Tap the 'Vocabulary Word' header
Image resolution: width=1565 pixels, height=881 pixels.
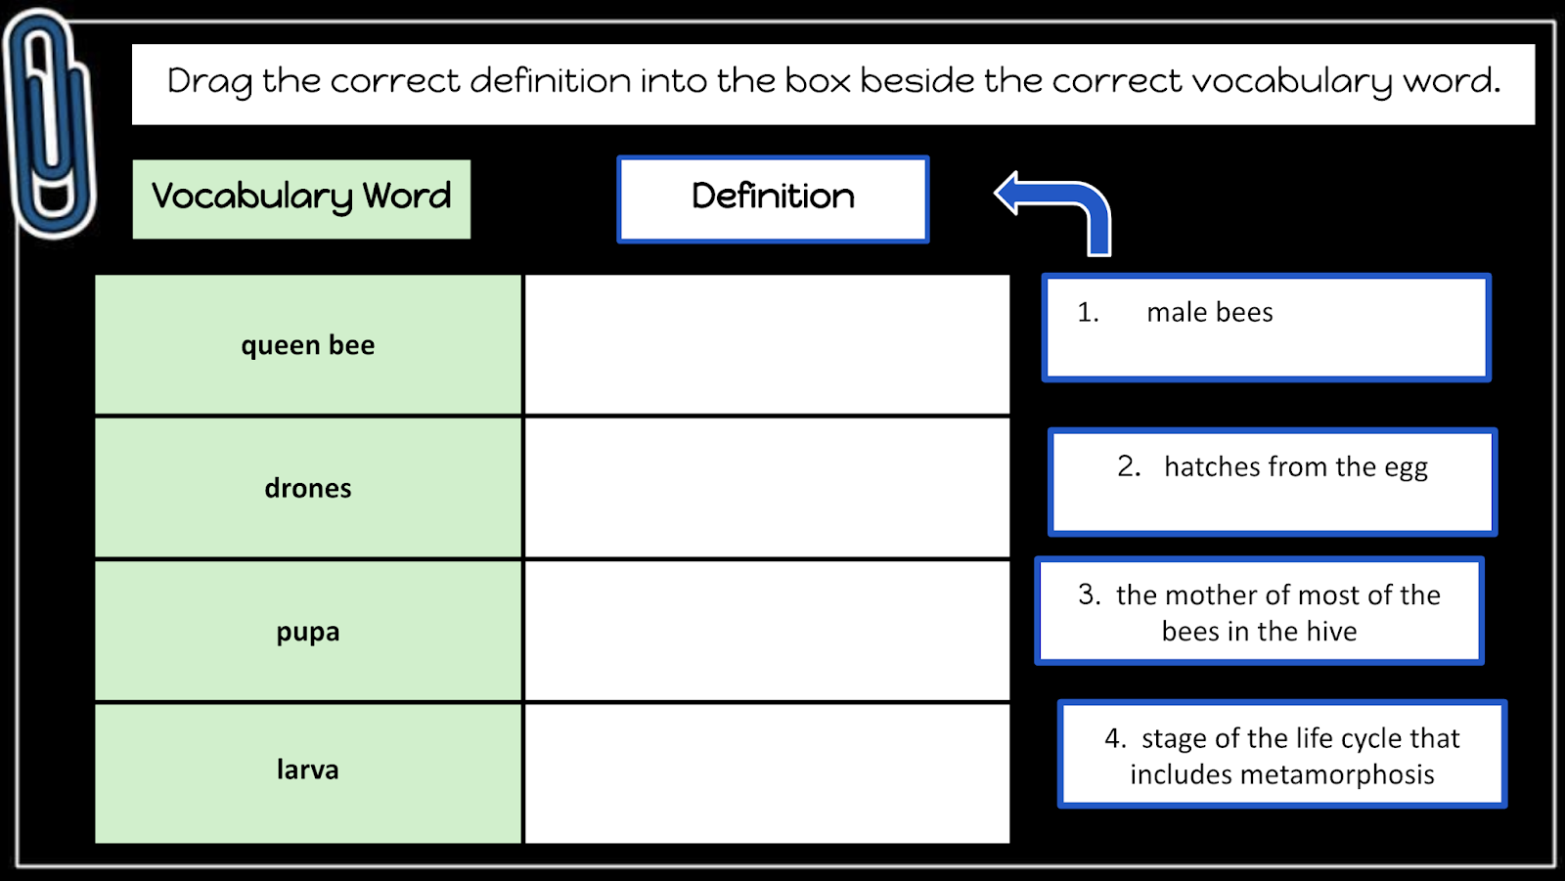coord(301,198)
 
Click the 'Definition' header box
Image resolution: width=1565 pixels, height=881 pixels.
coord(773,198)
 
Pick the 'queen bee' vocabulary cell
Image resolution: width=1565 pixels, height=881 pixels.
coord(308,345)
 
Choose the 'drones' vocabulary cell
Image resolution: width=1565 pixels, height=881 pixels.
coord(308,488)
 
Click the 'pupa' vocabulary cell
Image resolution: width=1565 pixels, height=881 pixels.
coord(308,632)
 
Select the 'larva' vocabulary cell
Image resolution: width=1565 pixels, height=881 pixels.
coord(308,771)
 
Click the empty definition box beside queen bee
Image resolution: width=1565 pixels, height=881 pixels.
coord(768,345)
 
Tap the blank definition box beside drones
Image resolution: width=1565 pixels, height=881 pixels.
coord(768,488)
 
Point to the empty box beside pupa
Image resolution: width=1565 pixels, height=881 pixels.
coord(768,632)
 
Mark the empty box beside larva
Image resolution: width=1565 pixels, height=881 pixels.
coord(768,772)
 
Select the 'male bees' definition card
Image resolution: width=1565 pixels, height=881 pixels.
coord(1267,328)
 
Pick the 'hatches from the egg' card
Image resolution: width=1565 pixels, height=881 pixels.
coord(1273,482)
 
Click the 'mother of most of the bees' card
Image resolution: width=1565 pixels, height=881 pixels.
coord(1260,611)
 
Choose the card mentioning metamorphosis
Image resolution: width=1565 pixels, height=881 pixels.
coord(1282,754)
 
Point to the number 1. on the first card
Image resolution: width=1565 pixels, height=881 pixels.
coord(1088,313)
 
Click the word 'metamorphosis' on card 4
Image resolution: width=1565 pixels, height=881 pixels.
coord(1337,775)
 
